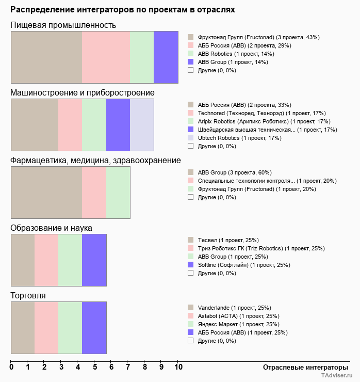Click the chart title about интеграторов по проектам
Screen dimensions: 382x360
click(123, 10)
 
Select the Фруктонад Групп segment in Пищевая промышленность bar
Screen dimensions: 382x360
click(46, 57)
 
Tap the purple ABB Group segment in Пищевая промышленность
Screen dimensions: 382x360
click(166, 57)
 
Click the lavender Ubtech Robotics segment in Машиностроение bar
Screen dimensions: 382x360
click(142, 125)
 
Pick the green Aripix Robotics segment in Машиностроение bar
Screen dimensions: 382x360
click(94, 125)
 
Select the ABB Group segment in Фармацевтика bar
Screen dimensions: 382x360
click(46, 193)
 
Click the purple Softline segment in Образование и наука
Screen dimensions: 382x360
click(94, 260)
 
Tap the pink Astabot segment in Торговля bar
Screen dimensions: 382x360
click(46, 328)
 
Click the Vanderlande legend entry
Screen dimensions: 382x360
click(234, 308)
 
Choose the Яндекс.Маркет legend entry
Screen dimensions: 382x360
click(238, 324)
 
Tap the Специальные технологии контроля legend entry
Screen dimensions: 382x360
click(267, 181)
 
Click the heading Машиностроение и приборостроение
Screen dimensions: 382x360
click(83, 92)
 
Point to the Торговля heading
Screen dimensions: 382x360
click(28, 295)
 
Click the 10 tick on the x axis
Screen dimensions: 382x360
click(178, 367)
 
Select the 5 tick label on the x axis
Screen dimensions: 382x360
click(95, 367)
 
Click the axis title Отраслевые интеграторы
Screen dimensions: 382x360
click(302, 367)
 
